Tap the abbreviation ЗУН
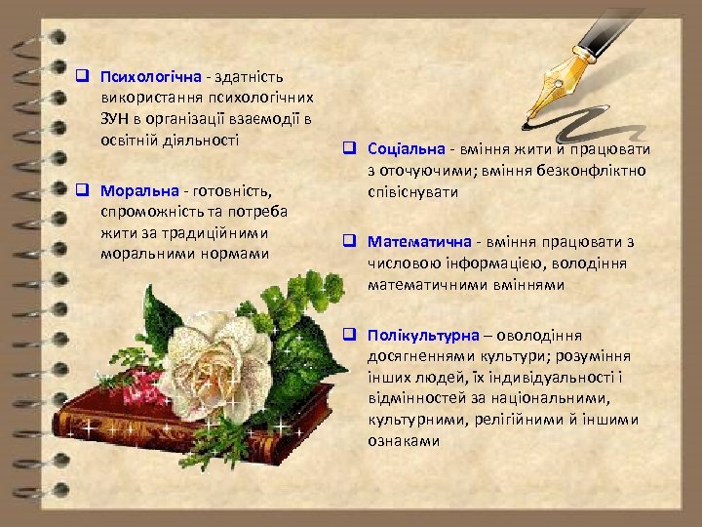point(115,119)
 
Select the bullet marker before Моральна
point(84,188)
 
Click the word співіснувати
point(412,192)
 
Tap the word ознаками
point(404,441)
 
